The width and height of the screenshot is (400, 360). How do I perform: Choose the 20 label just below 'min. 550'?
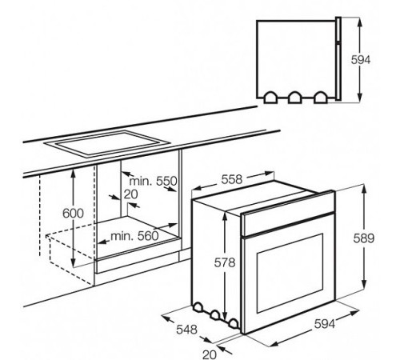(131, 194)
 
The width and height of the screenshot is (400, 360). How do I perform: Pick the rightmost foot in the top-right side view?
(321, 96)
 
